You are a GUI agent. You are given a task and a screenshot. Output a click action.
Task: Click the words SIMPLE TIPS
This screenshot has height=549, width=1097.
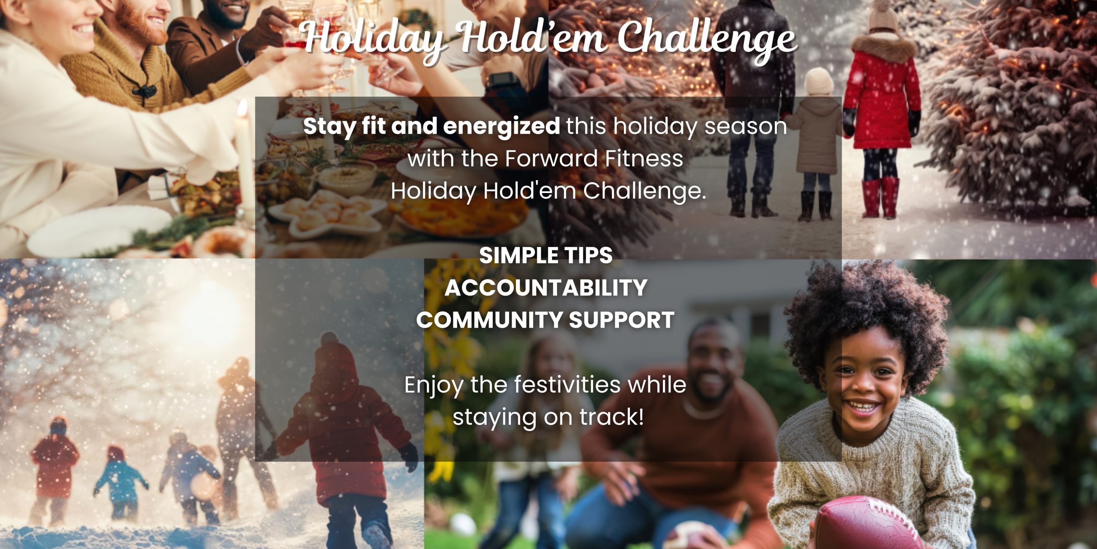point(546,256)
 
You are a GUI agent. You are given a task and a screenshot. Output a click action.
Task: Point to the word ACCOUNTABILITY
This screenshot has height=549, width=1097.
point(546,288)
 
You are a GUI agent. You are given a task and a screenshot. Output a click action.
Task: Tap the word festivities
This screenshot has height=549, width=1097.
point(567,384)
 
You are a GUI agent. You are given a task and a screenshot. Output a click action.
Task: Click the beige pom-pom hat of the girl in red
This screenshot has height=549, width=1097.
point(883,15)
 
